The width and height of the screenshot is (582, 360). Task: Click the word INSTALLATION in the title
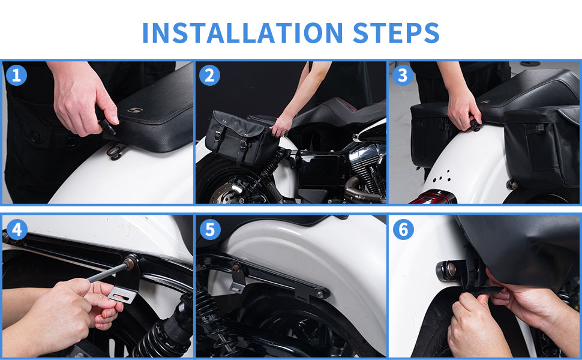242,32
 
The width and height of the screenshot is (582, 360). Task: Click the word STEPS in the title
396,32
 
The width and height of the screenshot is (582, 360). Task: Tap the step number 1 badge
16,76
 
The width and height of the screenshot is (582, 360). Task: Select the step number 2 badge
210,76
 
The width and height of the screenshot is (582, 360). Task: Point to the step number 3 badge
403,76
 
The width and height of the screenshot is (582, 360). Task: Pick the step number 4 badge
17,229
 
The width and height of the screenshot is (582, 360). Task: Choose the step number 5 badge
210,229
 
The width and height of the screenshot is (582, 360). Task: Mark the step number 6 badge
403,229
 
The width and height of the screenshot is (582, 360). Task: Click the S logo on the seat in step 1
135,110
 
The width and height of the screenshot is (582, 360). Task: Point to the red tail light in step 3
434,197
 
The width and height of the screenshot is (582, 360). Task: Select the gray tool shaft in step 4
107,273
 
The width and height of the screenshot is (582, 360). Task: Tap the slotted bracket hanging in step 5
237,281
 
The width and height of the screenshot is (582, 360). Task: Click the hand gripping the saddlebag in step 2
281,125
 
